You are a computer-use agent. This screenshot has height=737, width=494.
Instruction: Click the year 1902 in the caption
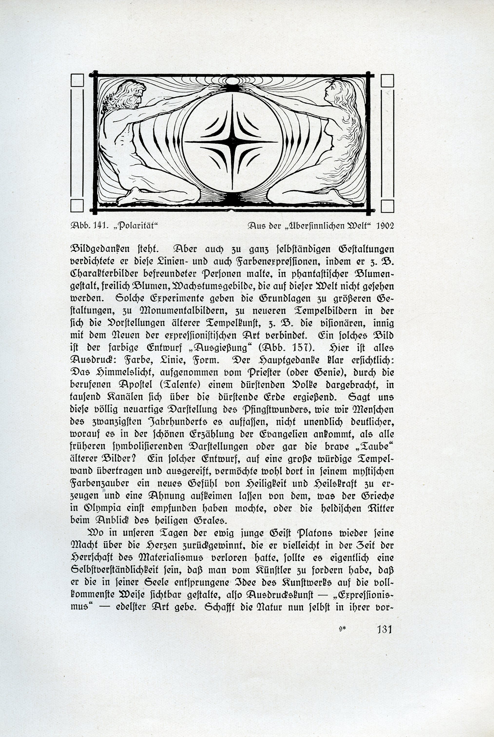385,226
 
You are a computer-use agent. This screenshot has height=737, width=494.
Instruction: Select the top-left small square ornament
77,80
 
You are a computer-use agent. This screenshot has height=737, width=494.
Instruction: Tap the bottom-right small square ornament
387,206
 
